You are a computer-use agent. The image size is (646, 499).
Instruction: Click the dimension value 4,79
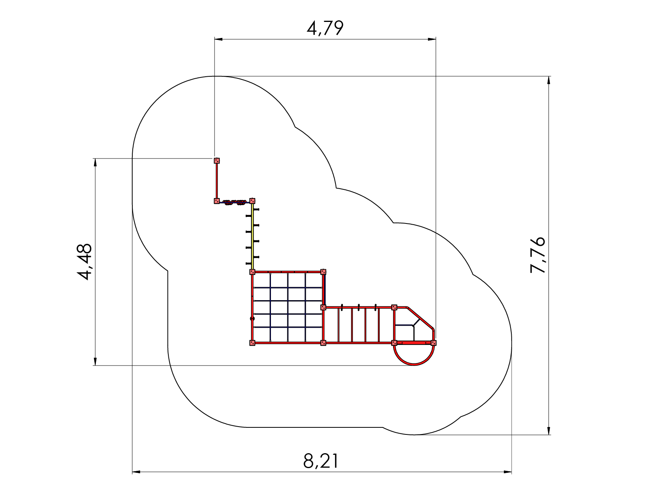325,28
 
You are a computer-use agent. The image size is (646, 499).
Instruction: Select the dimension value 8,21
321,461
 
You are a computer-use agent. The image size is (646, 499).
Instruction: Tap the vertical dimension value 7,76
538,255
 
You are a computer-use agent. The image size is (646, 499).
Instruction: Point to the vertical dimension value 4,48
85,262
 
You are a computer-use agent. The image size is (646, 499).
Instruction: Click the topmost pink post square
217,161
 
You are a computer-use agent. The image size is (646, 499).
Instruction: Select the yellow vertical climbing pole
253,236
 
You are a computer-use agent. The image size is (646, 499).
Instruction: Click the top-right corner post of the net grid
323,272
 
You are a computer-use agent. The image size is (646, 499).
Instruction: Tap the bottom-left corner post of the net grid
252,343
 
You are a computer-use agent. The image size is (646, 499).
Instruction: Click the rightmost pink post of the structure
433,343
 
